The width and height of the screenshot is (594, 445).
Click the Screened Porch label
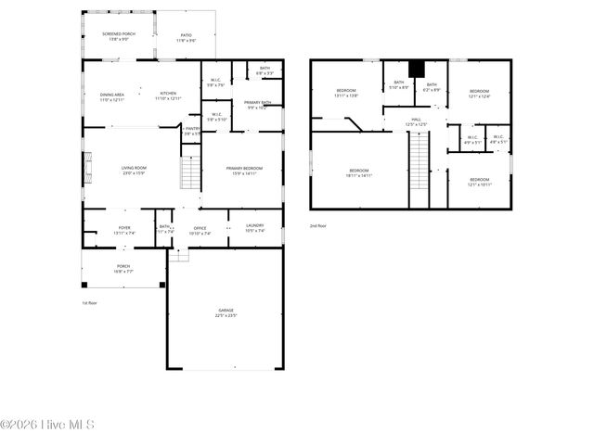[x=119, y=33]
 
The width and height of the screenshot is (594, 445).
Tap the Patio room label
[x=187, y=34]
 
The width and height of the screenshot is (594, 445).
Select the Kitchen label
[x=168, y=94]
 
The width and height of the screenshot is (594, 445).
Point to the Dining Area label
[x=112, y=94]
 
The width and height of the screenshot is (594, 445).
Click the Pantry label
[x=192, y=129]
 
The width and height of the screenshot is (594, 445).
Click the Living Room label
[x=133, y=169]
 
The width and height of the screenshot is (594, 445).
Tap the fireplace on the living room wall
[x=88, y=170]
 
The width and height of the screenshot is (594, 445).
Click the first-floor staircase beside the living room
[x=190, y=173]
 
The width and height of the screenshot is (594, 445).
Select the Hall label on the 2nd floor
[x=416, y=120]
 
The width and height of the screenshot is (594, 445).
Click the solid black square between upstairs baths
[x=417, y=69]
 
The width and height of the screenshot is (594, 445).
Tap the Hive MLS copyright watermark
[x=47, y=426]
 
